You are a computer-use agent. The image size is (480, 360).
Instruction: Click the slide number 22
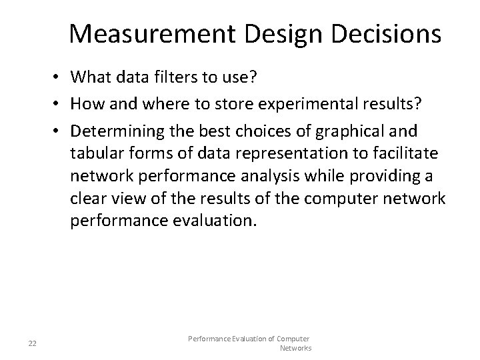(32, 343)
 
